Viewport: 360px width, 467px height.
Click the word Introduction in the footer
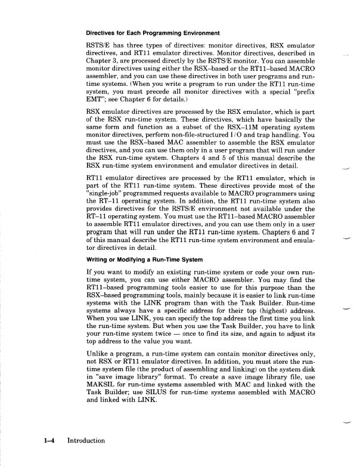(86, 441)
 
